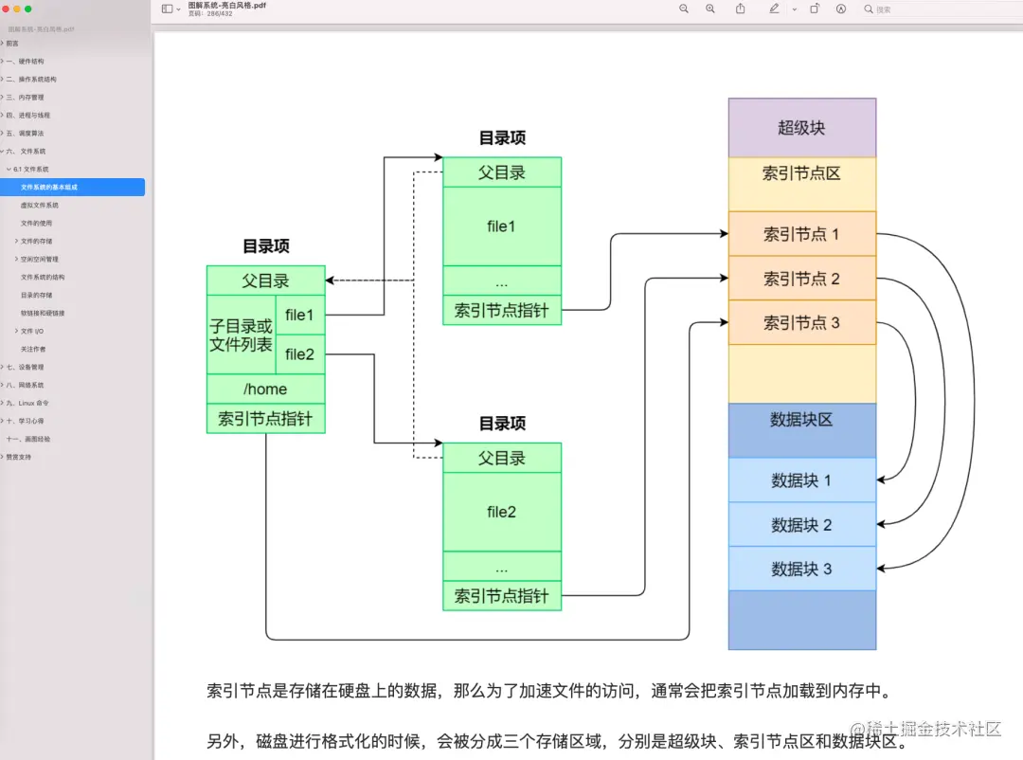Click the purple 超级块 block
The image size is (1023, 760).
(x=801, y=128)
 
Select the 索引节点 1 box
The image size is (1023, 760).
(x=801, y=234)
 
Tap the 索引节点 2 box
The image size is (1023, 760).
(x=801, y=279)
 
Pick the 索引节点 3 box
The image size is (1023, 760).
(x=801, y=323)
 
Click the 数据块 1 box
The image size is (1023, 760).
(x=801, y=480)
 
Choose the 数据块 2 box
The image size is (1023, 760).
(x=801, y=525)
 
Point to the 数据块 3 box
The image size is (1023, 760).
(x=801, y=570)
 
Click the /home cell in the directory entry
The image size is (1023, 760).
(x=265, y=389)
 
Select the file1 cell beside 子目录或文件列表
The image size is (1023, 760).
(x=299, y=316)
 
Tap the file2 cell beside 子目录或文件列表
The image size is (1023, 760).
(x=299, y=354)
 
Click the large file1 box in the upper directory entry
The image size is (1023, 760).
(x=501, y=226)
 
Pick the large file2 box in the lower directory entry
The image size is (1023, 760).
(x=501, y=512)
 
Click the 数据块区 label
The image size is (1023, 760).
(x=801, y=420)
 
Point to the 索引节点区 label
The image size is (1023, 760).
(x=801, y=174)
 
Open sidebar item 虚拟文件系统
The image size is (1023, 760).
(x=40, y=205)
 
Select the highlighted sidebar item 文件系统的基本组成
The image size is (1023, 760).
(x=49, y=187)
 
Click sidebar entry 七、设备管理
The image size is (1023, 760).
(x=26, y=367)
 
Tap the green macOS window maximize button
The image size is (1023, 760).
(x=28, y=9)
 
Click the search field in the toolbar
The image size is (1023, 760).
(x=938, y=9)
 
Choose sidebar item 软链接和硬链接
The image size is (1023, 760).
(x=43, y=313)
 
